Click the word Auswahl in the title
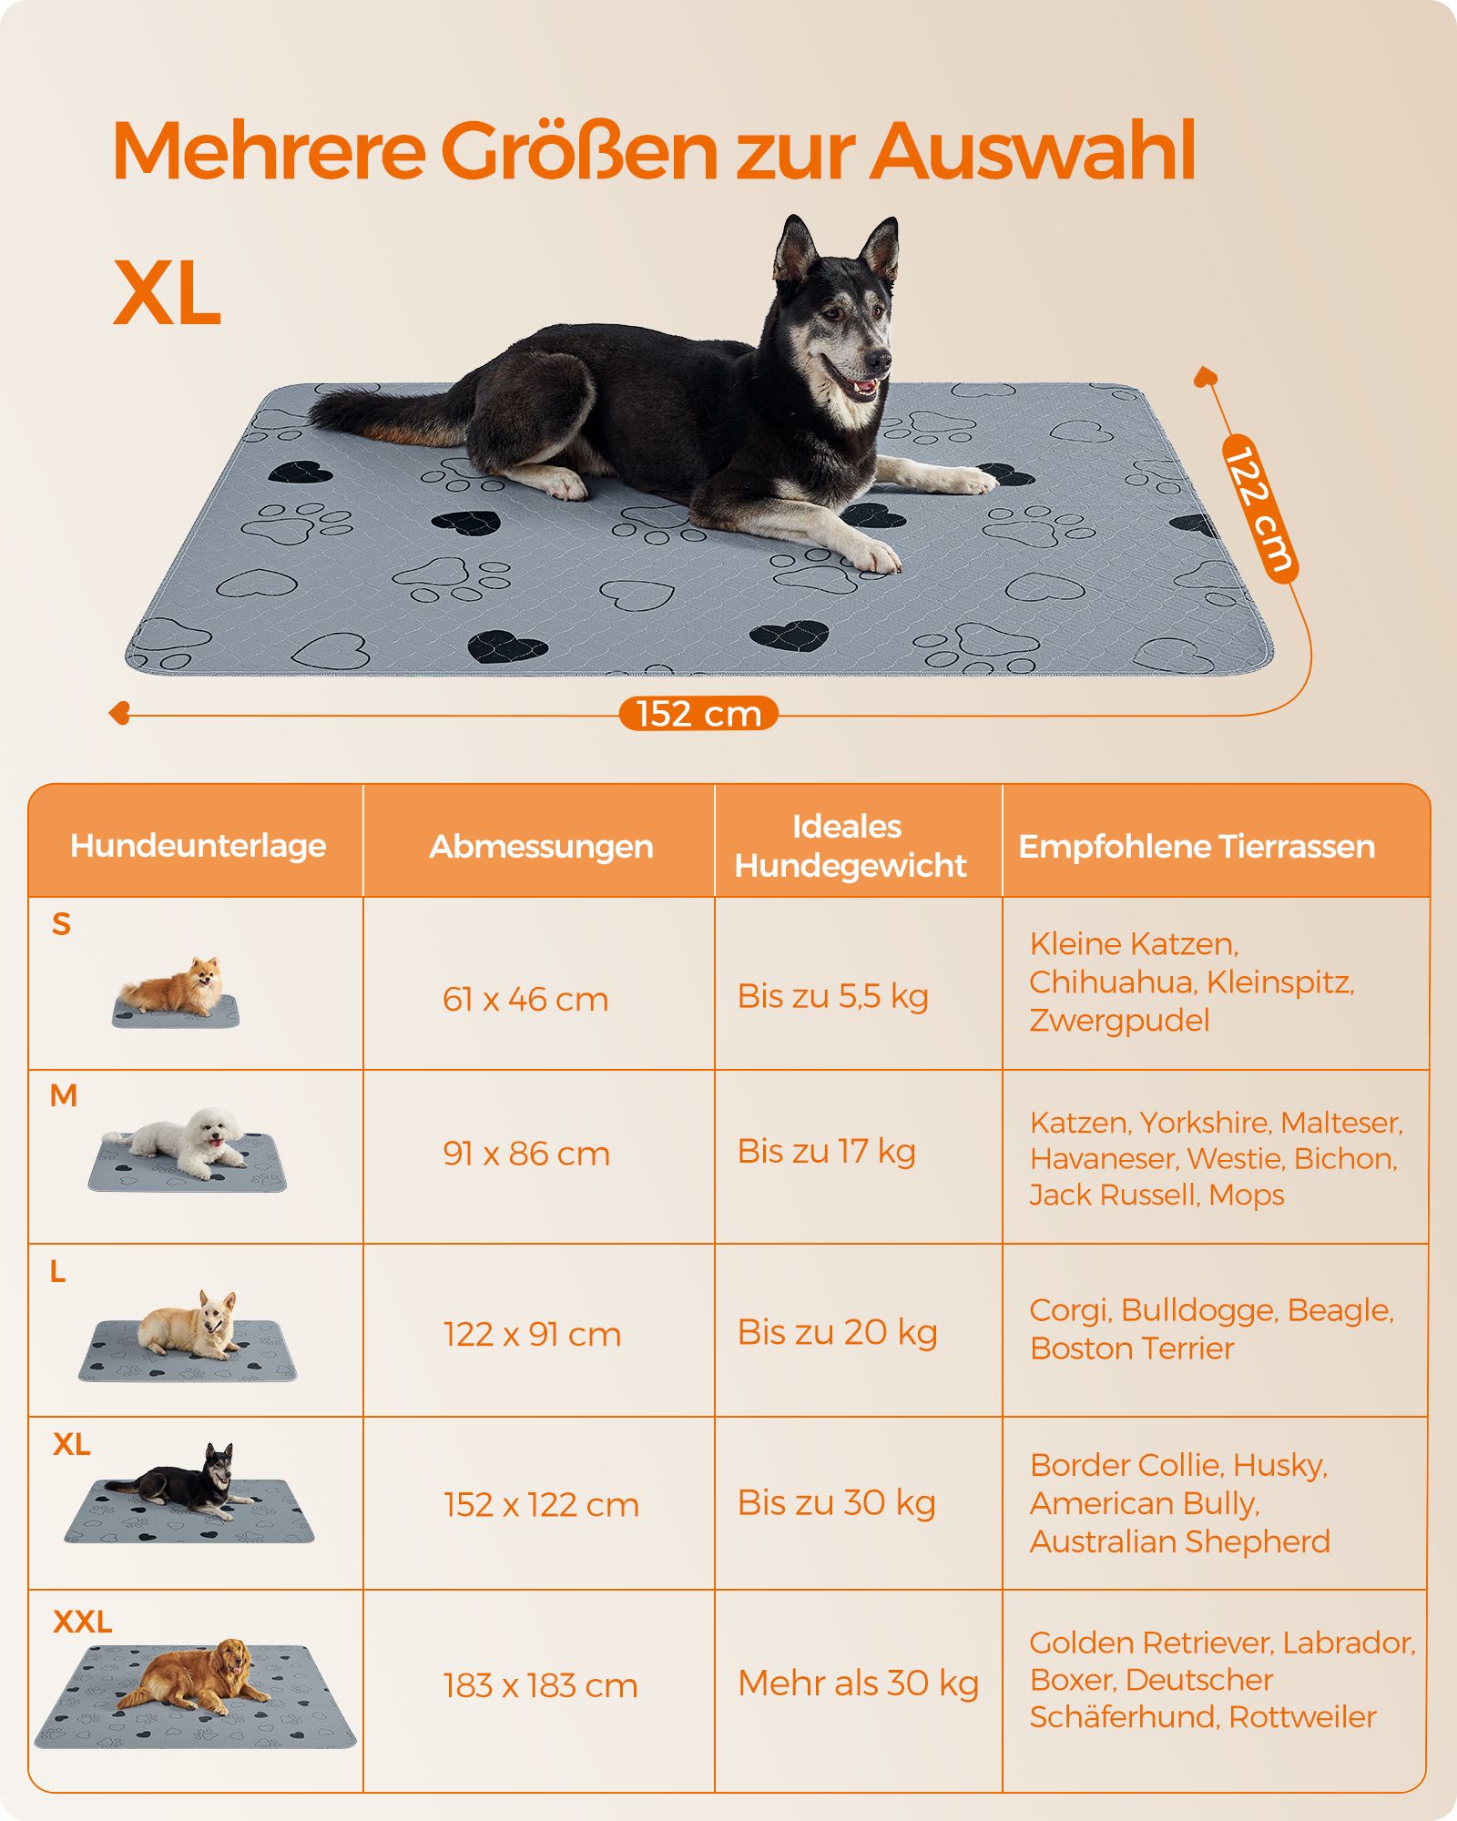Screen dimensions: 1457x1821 pyautogui.click(x=1033, y=150)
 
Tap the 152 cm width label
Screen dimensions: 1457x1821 pyautogui.click(x=698, y=714)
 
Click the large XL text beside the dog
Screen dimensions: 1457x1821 pyautogui.click(x=168, y=293)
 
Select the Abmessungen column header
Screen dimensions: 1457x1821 pyautogui.click(x=541, y=847)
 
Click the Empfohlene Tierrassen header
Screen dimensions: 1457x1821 pyautogui.click(x=1197, y=847)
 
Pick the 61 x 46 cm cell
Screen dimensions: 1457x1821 pyautogui.click(x=525, y=999)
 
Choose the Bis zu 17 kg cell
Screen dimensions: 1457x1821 pyautogui.click(x=827, y=1151)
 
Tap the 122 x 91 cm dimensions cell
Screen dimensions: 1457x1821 pyautogui.click(x=533, y=1334)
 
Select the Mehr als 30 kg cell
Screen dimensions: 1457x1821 pyautogui.click(x=859, y=1684)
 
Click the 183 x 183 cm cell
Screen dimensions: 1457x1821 pyautogui.click(x=541, y=1685)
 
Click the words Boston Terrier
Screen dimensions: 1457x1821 pyautogui.click(x=1132, y=1348)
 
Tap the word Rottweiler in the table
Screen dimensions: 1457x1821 pyautogui.click(x=1302, y=1717)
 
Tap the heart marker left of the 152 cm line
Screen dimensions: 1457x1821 pyautogui.click(x=119, y=714)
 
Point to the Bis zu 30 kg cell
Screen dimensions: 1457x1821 pyautogui.click(x=837, y=1503)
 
